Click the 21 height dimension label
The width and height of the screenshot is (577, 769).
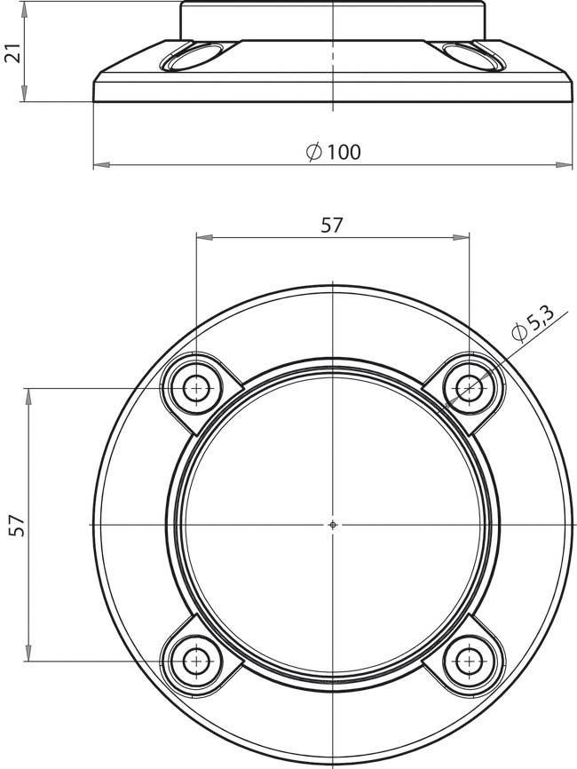click(12, 52)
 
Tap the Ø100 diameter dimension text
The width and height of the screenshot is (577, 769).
click(334, 152)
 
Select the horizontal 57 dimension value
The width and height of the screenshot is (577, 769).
click(332, 226)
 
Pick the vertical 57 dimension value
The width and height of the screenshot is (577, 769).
click(17, 525)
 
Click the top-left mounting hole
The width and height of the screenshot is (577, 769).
click(196, 389)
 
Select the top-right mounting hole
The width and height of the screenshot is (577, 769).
click(470, 389)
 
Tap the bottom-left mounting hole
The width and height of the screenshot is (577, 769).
click(196, 662)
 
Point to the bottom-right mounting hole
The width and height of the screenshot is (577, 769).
click(470, 662)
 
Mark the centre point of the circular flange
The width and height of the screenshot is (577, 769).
click(333, 526)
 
